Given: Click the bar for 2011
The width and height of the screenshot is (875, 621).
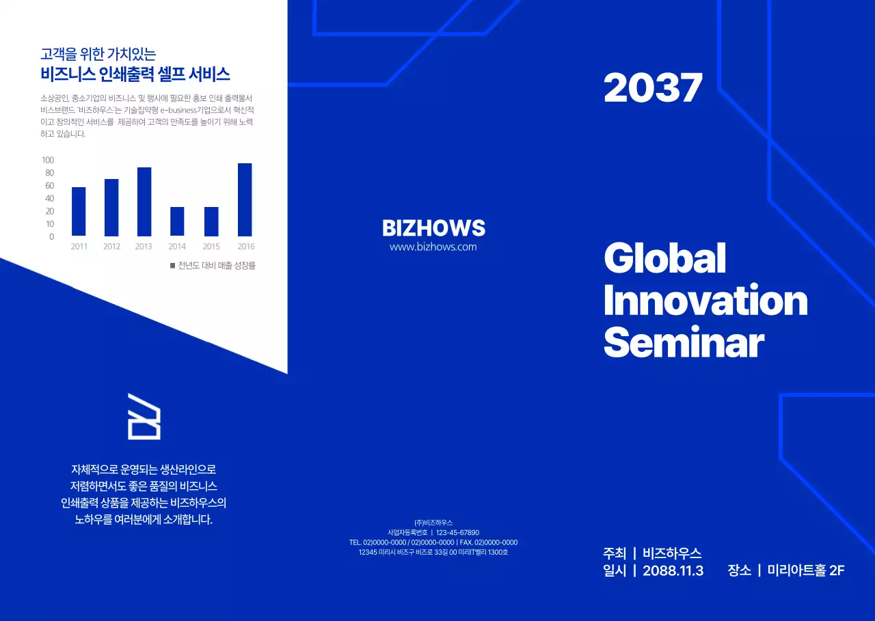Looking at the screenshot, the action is point(79,212).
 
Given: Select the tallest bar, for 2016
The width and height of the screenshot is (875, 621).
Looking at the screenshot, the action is point(245,200).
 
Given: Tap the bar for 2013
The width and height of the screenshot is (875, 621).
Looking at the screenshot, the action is point(144,202).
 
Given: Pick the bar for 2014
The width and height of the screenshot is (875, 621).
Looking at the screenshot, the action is point(177,221).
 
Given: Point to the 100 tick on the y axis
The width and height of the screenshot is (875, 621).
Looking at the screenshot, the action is point(48,160).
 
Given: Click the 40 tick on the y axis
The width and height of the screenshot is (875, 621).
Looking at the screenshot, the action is point(50,198).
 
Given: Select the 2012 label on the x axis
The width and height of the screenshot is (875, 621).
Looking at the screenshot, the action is point(111,247).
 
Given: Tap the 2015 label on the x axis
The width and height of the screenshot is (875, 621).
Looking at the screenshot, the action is point(211,247).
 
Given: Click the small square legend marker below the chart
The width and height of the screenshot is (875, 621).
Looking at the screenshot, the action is point(173,266).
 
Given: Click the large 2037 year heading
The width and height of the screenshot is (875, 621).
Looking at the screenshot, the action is point(653,88).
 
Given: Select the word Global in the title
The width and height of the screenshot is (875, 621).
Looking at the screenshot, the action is point(665,258).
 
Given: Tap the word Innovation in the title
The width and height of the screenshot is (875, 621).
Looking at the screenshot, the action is point(705,300).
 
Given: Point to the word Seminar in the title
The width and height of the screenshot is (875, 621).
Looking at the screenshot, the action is point(684,342).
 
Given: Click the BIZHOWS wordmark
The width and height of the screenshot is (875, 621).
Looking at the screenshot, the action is point(433,228).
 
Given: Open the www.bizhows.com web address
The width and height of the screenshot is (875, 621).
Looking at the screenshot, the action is point(433,247).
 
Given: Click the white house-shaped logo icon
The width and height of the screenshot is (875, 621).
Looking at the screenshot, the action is point(144,417).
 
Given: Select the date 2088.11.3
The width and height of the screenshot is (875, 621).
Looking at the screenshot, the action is point(673,570).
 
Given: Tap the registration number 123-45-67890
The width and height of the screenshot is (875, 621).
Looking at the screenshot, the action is point(457,532).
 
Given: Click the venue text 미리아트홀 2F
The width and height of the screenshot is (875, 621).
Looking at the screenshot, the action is point(806,570).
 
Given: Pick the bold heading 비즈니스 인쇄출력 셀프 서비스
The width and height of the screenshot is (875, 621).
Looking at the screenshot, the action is point(135,74).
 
